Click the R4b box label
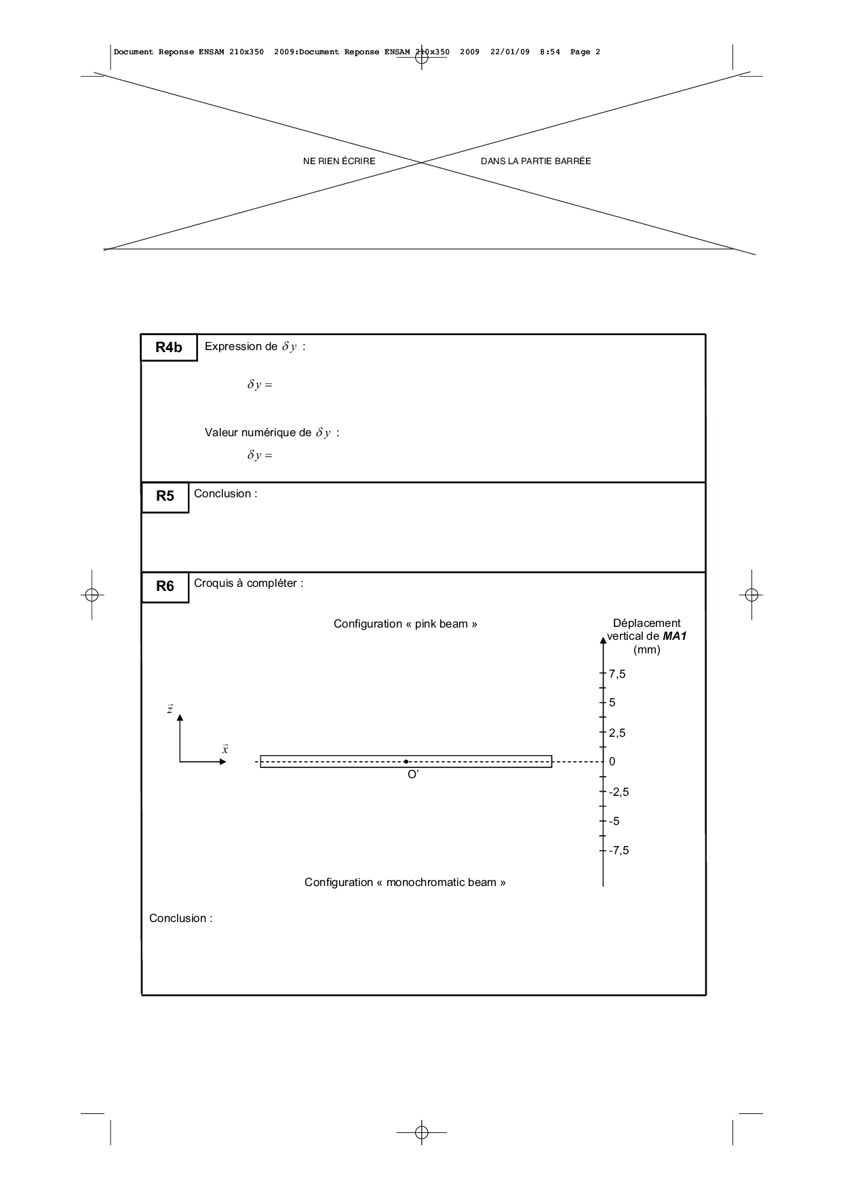[169, 347]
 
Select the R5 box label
[165, 496]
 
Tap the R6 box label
[165, 586]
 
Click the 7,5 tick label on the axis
[617, 674]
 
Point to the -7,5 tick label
[619, 850]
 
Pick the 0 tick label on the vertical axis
[612, 761]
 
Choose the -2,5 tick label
[619, 792]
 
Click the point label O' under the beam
[413, 775]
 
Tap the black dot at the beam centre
[406, 762]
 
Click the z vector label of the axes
[170, 710]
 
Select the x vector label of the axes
[225, 749]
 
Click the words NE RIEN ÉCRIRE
[339, 161]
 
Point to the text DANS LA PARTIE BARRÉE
[536, 161]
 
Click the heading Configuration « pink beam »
[405, 623]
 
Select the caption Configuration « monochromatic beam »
[405, 882]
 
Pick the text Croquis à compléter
[248, 583]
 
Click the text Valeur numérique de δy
[271, 432]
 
